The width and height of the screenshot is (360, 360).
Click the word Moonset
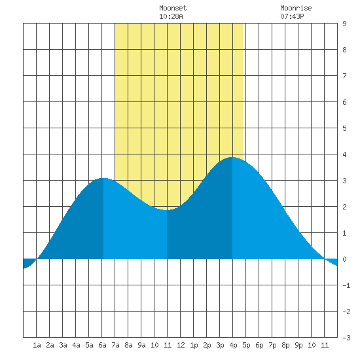[x=173, y=8]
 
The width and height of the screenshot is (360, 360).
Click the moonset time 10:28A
[x=171, y=16]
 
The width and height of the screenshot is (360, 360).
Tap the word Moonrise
[x=296, y=8]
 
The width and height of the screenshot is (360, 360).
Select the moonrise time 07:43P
[x=292, y=16]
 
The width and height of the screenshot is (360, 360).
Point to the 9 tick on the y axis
[x=344, y=24]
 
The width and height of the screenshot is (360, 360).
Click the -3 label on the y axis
[x=346, y=338]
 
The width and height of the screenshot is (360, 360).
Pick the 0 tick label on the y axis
[x=344, y=259]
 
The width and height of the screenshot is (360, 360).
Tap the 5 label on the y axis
[x=344, y=128]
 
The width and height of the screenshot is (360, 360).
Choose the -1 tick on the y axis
[x=346, y=285]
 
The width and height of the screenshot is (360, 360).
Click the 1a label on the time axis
[x=37, y=345]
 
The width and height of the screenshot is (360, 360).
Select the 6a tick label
[x=102, y=345]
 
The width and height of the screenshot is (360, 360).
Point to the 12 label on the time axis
[x=181, y=345]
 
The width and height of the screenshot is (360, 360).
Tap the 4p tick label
[x=233, y=345]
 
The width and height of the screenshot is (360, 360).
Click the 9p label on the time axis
[x=298, y=345]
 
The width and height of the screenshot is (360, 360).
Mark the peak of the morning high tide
[x=103, y=178]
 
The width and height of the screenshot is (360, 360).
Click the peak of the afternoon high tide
[x=232, y=157]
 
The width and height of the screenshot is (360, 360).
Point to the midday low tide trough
[x=167, y=210]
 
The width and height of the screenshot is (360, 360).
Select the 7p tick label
[x=272, y=345]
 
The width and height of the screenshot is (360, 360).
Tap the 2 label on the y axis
[x=344, y=207]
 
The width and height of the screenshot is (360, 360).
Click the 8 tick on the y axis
[x=344, y=50]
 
